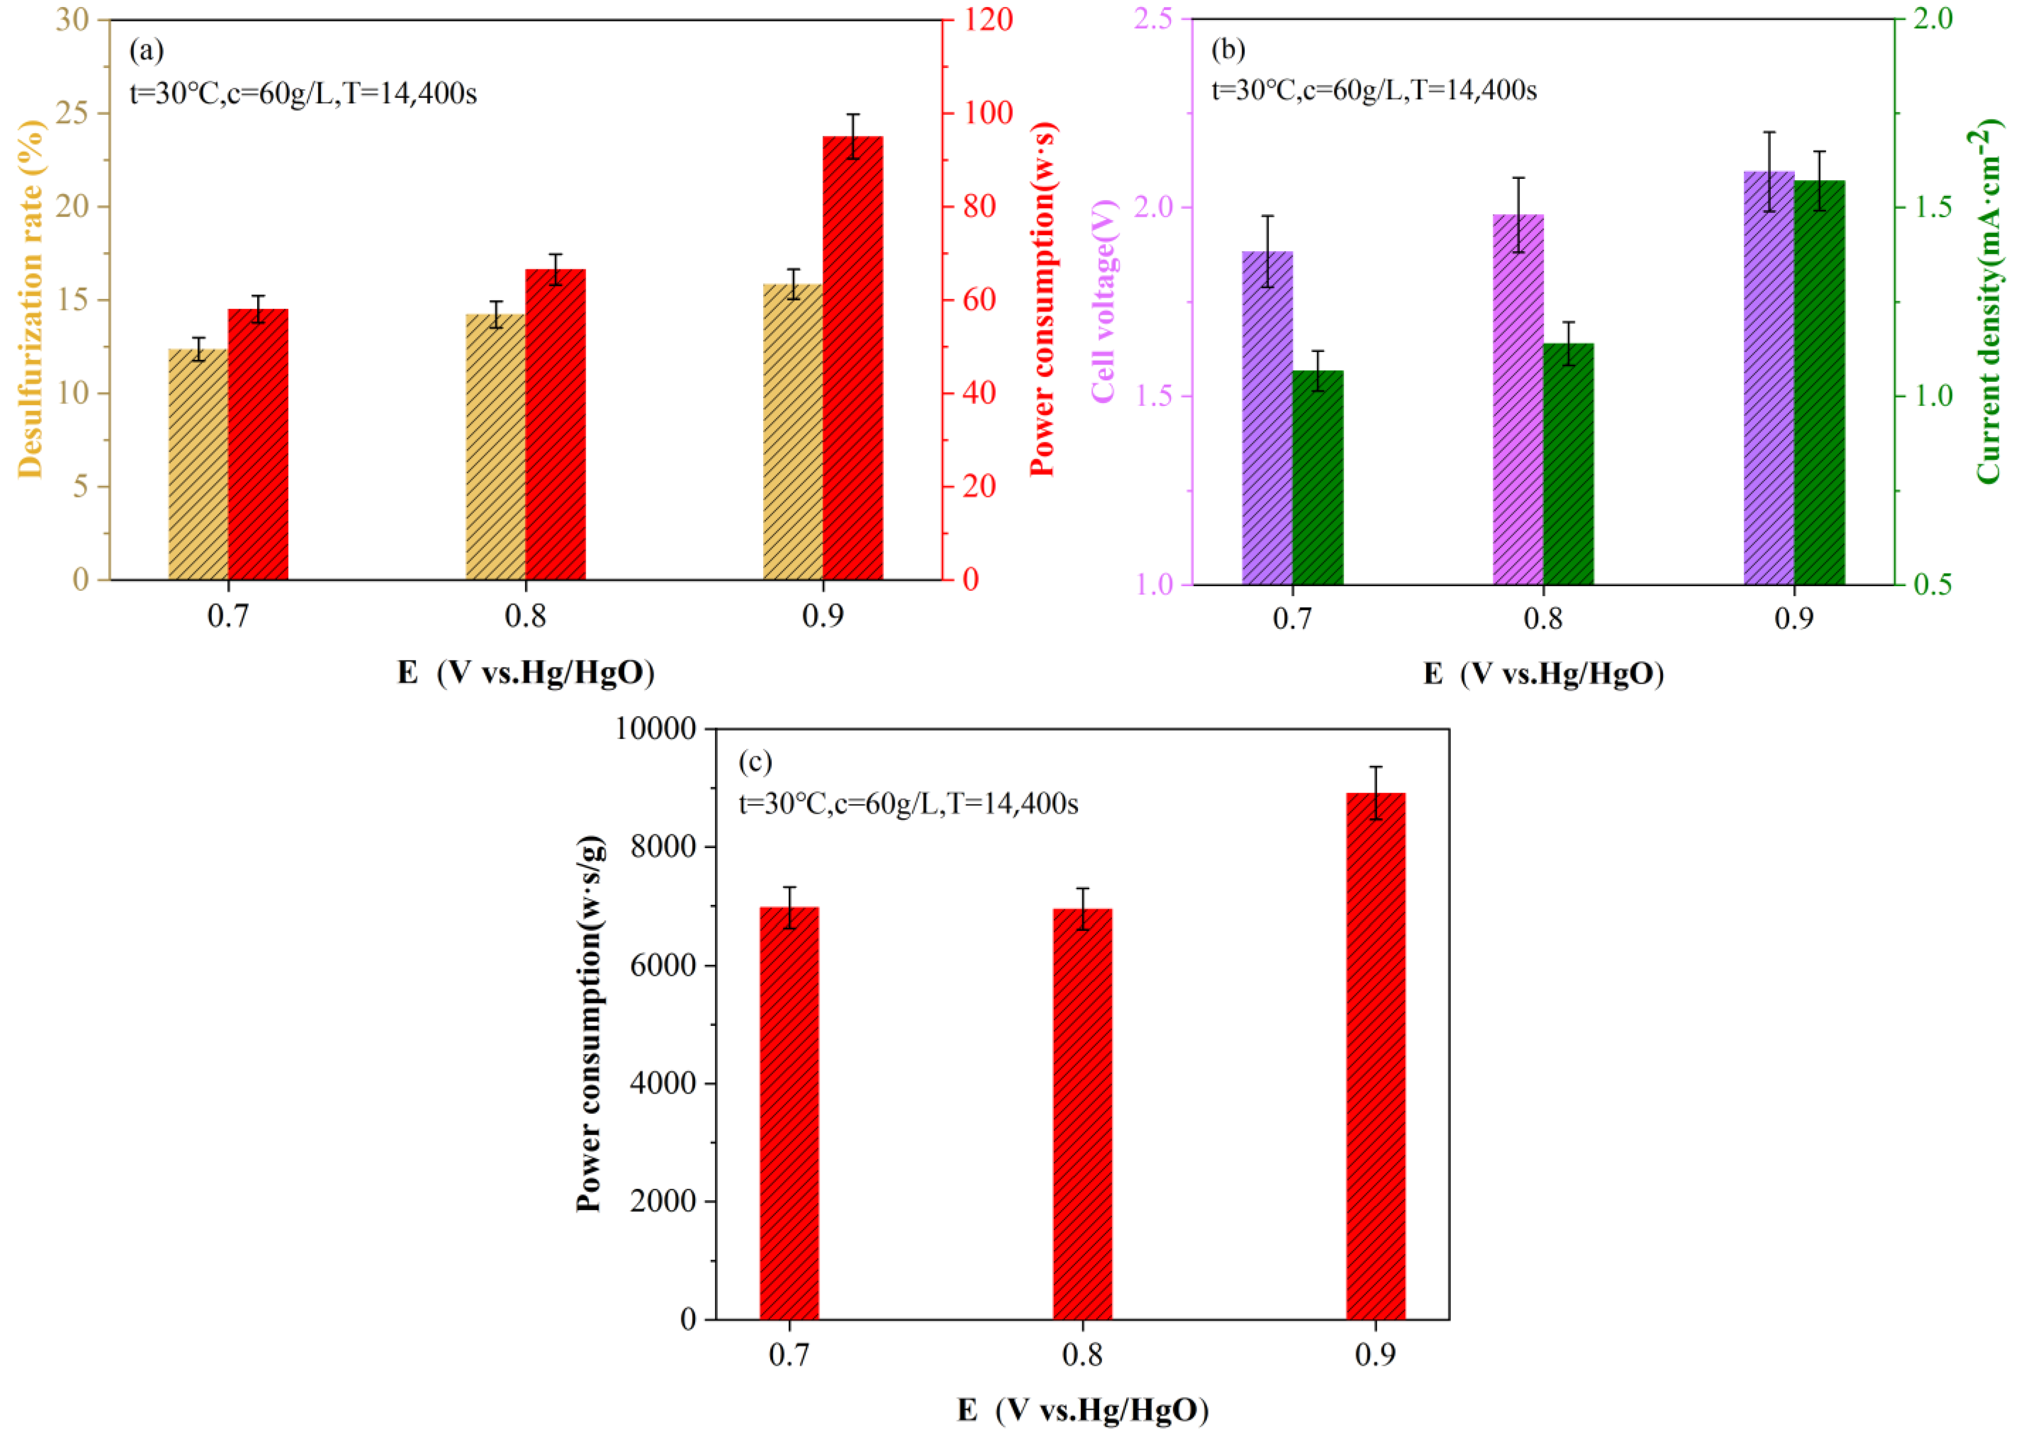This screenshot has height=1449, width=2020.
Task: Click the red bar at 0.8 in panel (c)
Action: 1082,1113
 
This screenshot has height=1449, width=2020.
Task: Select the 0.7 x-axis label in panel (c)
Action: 789,1355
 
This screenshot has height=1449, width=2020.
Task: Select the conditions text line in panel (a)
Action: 303,93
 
